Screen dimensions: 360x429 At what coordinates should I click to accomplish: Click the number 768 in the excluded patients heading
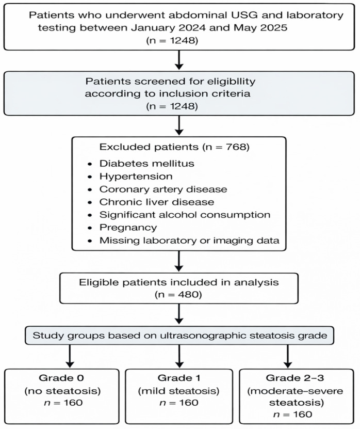[236, 147]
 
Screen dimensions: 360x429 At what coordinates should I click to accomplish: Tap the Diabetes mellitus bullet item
[147, 163]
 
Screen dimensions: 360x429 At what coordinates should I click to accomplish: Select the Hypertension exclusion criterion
[136, 177]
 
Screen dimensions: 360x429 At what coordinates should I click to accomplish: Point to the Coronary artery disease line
[163, 189]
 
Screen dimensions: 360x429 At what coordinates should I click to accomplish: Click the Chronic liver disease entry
[157, 202]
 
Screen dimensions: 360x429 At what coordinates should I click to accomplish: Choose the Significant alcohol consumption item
[185, 215]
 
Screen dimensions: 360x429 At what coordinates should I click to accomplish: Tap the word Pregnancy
[128, 228]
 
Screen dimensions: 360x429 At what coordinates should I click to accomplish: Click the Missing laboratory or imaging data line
[189, 241]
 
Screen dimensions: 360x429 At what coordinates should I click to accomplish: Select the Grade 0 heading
[61, 378]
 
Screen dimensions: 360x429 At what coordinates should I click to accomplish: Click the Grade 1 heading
[179, 378]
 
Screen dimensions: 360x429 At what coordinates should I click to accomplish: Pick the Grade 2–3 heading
[294, 378]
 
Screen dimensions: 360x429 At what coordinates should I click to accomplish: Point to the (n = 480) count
[178, 295]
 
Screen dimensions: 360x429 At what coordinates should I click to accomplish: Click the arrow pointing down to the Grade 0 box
[70, 356]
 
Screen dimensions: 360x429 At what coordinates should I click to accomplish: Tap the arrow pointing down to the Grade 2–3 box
[288, 356]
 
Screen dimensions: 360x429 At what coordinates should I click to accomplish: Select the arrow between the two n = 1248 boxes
[179, 60]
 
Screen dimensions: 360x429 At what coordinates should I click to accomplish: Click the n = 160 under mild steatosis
[179, 403]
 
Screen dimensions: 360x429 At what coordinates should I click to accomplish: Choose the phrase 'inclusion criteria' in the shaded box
[204, 93]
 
